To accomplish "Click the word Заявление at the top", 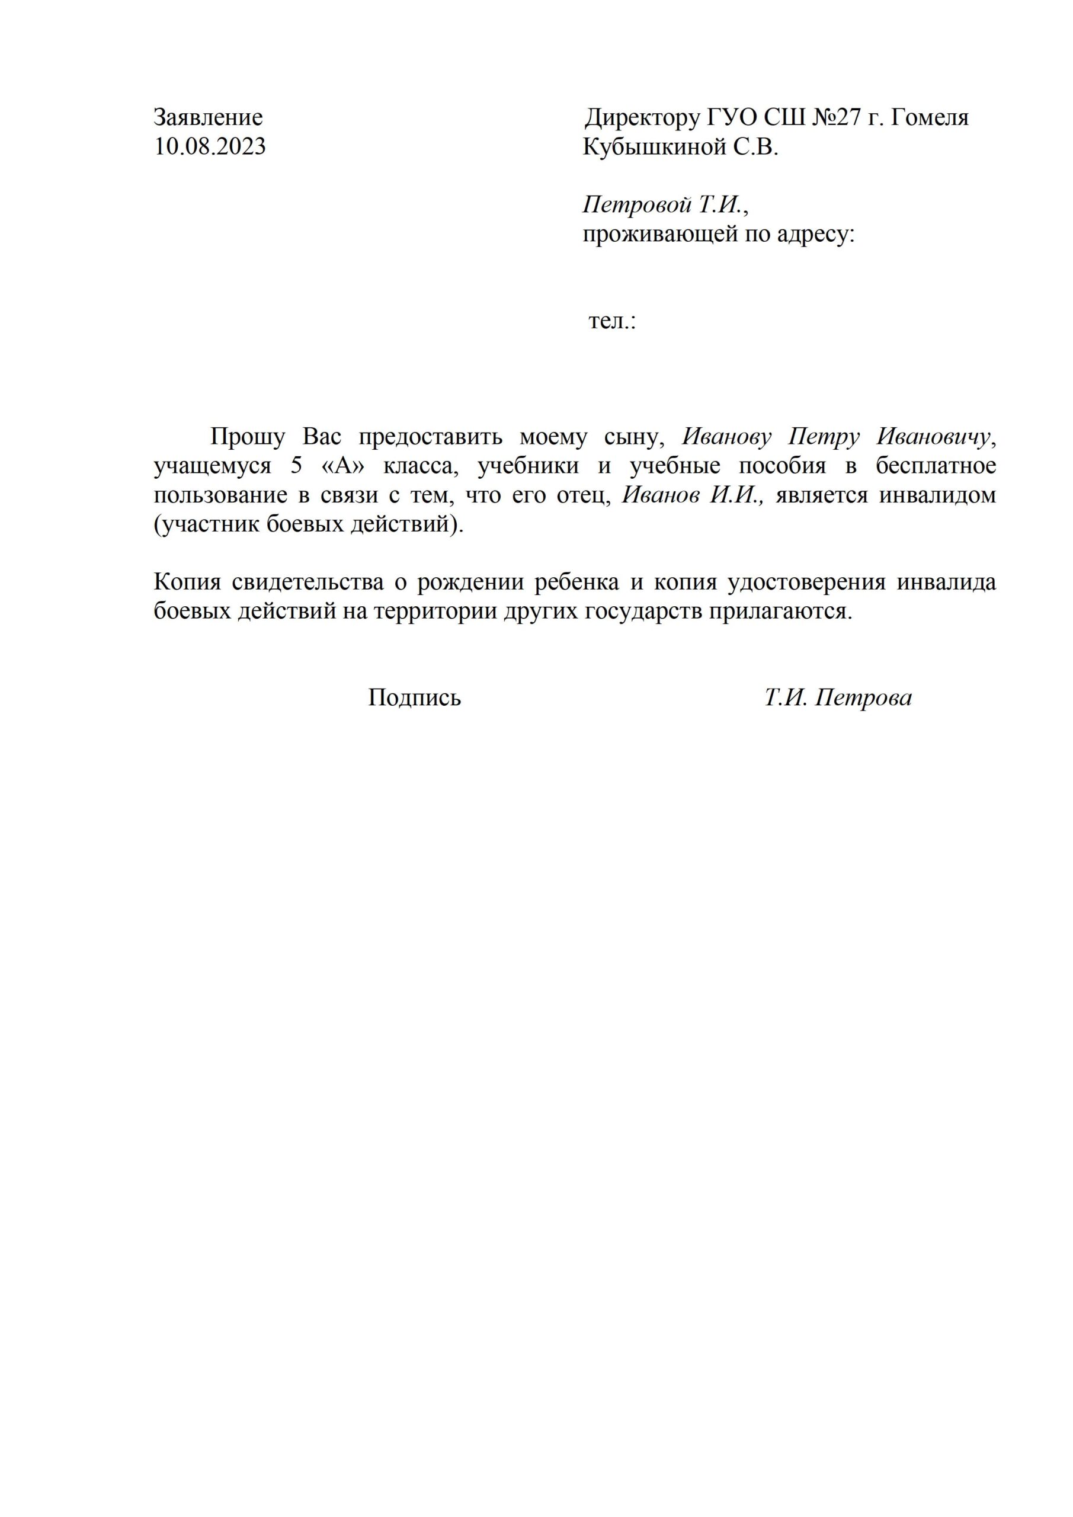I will point(208,117).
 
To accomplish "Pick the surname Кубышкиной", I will point(654,147).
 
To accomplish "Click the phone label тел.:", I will point(612,322).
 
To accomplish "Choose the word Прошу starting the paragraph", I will point(247,437).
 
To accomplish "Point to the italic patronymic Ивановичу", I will point(934,437).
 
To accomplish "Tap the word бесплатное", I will point(936,466).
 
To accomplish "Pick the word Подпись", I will point(414,697).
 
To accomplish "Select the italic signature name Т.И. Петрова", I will point(838,697).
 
